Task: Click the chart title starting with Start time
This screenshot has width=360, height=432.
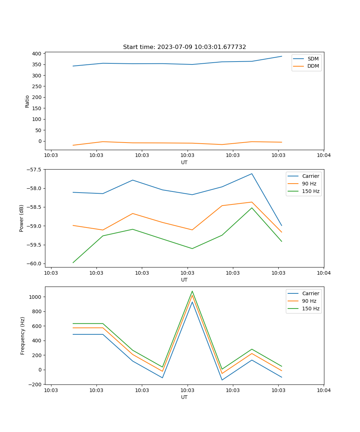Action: click(184, 47)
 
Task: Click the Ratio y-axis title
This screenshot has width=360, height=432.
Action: click(27, 101)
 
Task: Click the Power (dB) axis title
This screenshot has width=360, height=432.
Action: click(22, 218)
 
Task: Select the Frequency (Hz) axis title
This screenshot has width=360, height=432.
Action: click(22, 336)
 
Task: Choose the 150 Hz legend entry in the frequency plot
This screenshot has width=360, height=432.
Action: click(311, 309)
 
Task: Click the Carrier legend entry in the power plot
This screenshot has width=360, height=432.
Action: click(310, 176)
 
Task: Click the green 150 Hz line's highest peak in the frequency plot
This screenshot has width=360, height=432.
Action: click(192, 291)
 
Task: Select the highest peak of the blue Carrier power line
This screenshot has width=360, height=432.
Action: click(252, 174)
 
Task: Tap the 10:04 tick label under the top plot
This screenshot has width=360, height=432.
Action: click(323, 156)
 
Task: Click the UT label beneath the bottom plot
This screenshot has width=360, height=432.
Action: click(184, 397)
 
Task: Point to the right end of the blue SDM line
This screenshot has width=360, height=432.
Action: click(282, 56)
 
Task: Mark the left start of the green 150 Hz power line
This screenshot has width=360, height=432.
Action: click(73, 262)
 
